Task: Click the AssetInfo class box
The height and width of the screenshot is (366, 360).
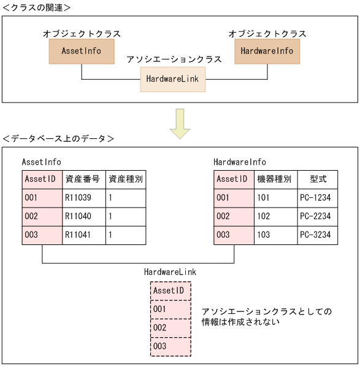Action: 82,52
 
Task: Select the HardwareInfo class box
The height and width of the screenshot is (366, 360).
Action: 267,52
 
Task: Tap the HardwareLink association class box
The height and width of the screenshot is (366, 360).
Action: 173,79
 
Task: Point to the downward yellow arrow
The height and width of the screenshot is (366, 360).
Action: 180,123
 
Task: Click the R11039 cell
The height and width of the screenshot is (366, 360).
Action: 84,198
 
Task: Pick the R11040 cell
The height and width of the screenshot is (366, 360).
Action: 84,217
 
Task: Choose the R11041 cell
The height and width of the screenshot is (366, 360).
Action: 84,235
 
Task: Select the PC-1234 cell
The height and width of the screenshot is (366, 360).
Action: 316,198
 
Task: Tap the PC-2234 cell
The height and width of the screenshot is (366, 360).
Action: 316,217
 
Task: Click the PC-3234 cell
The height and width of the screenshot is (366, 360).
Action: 316,235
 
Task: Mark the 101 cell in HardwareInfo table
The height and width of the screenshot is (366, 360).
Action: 274,198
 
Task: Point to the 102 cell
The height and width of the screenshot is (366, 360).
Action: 274,217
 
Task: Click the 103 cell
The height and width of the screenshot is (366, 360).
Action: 274,235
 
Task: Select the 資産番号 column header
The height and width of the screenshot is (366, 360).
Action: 84,179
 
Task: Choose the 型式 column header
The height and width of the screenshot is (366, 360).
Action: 316,179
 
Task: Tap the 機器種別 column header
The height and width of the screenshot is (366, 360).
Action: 274,179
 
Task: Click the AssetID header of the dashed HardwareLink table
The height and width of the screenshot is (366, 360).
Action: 170,290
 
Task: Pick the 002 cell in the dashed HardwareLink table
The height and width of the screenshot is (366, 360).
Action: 170,328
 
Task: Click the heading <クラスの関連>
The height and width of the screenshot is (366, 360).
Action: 37,7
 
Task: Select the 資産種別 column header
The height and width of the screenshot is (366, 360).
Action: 126,179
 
